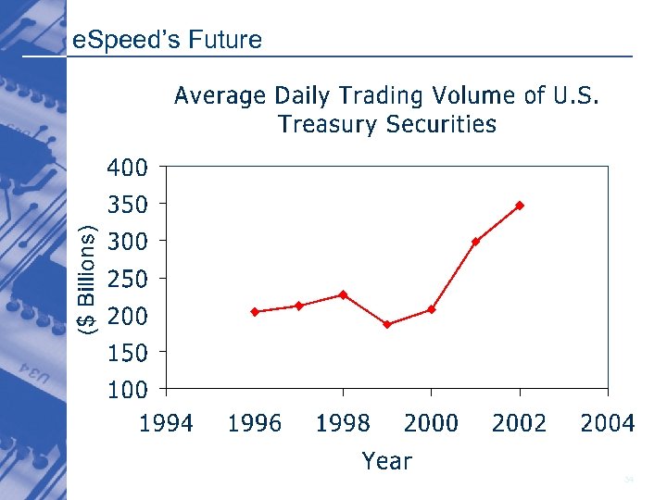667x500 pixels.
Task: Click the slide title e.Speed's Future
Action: coord(167,40)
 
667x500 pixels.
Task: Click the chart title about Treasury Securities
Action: coord(386,109)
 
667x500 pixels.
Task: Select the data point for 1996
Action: coord(255,312)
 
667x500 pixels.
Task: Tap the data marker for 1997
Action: coord(299,306)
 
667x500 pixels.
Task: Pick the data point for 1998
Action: coord(343,294)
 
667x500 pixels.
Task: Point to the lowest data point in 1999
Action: coord(387,324)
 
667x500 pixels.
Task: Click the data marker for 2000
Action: coord(432,309)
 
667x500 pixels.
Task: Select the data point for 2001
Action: coord(475,242)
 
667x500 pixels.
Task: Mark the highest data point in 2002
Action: coord(520,205)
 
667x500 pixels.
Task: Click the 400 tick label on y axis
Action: coord(127,169)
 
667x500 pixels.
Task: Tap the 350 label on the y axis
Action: coord(127,205)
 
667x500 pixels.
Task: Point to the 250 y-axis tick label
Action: coord(127,279)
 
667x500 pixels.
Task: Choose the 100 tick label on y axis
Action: coord(127,390)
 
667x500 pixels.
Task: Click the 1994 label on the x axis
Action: coord(167,424)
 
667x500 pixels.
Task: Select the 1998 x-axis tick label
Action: coord(343,424)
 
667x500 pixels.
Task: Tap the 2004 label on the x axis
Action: coord(608,424)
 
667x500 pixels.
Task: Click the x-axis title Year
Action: coord(386,460)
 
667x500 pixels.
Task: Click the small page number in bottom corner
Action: coord(629,480)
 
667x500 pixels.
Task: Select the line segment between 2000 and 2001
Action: coord(454,275)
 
